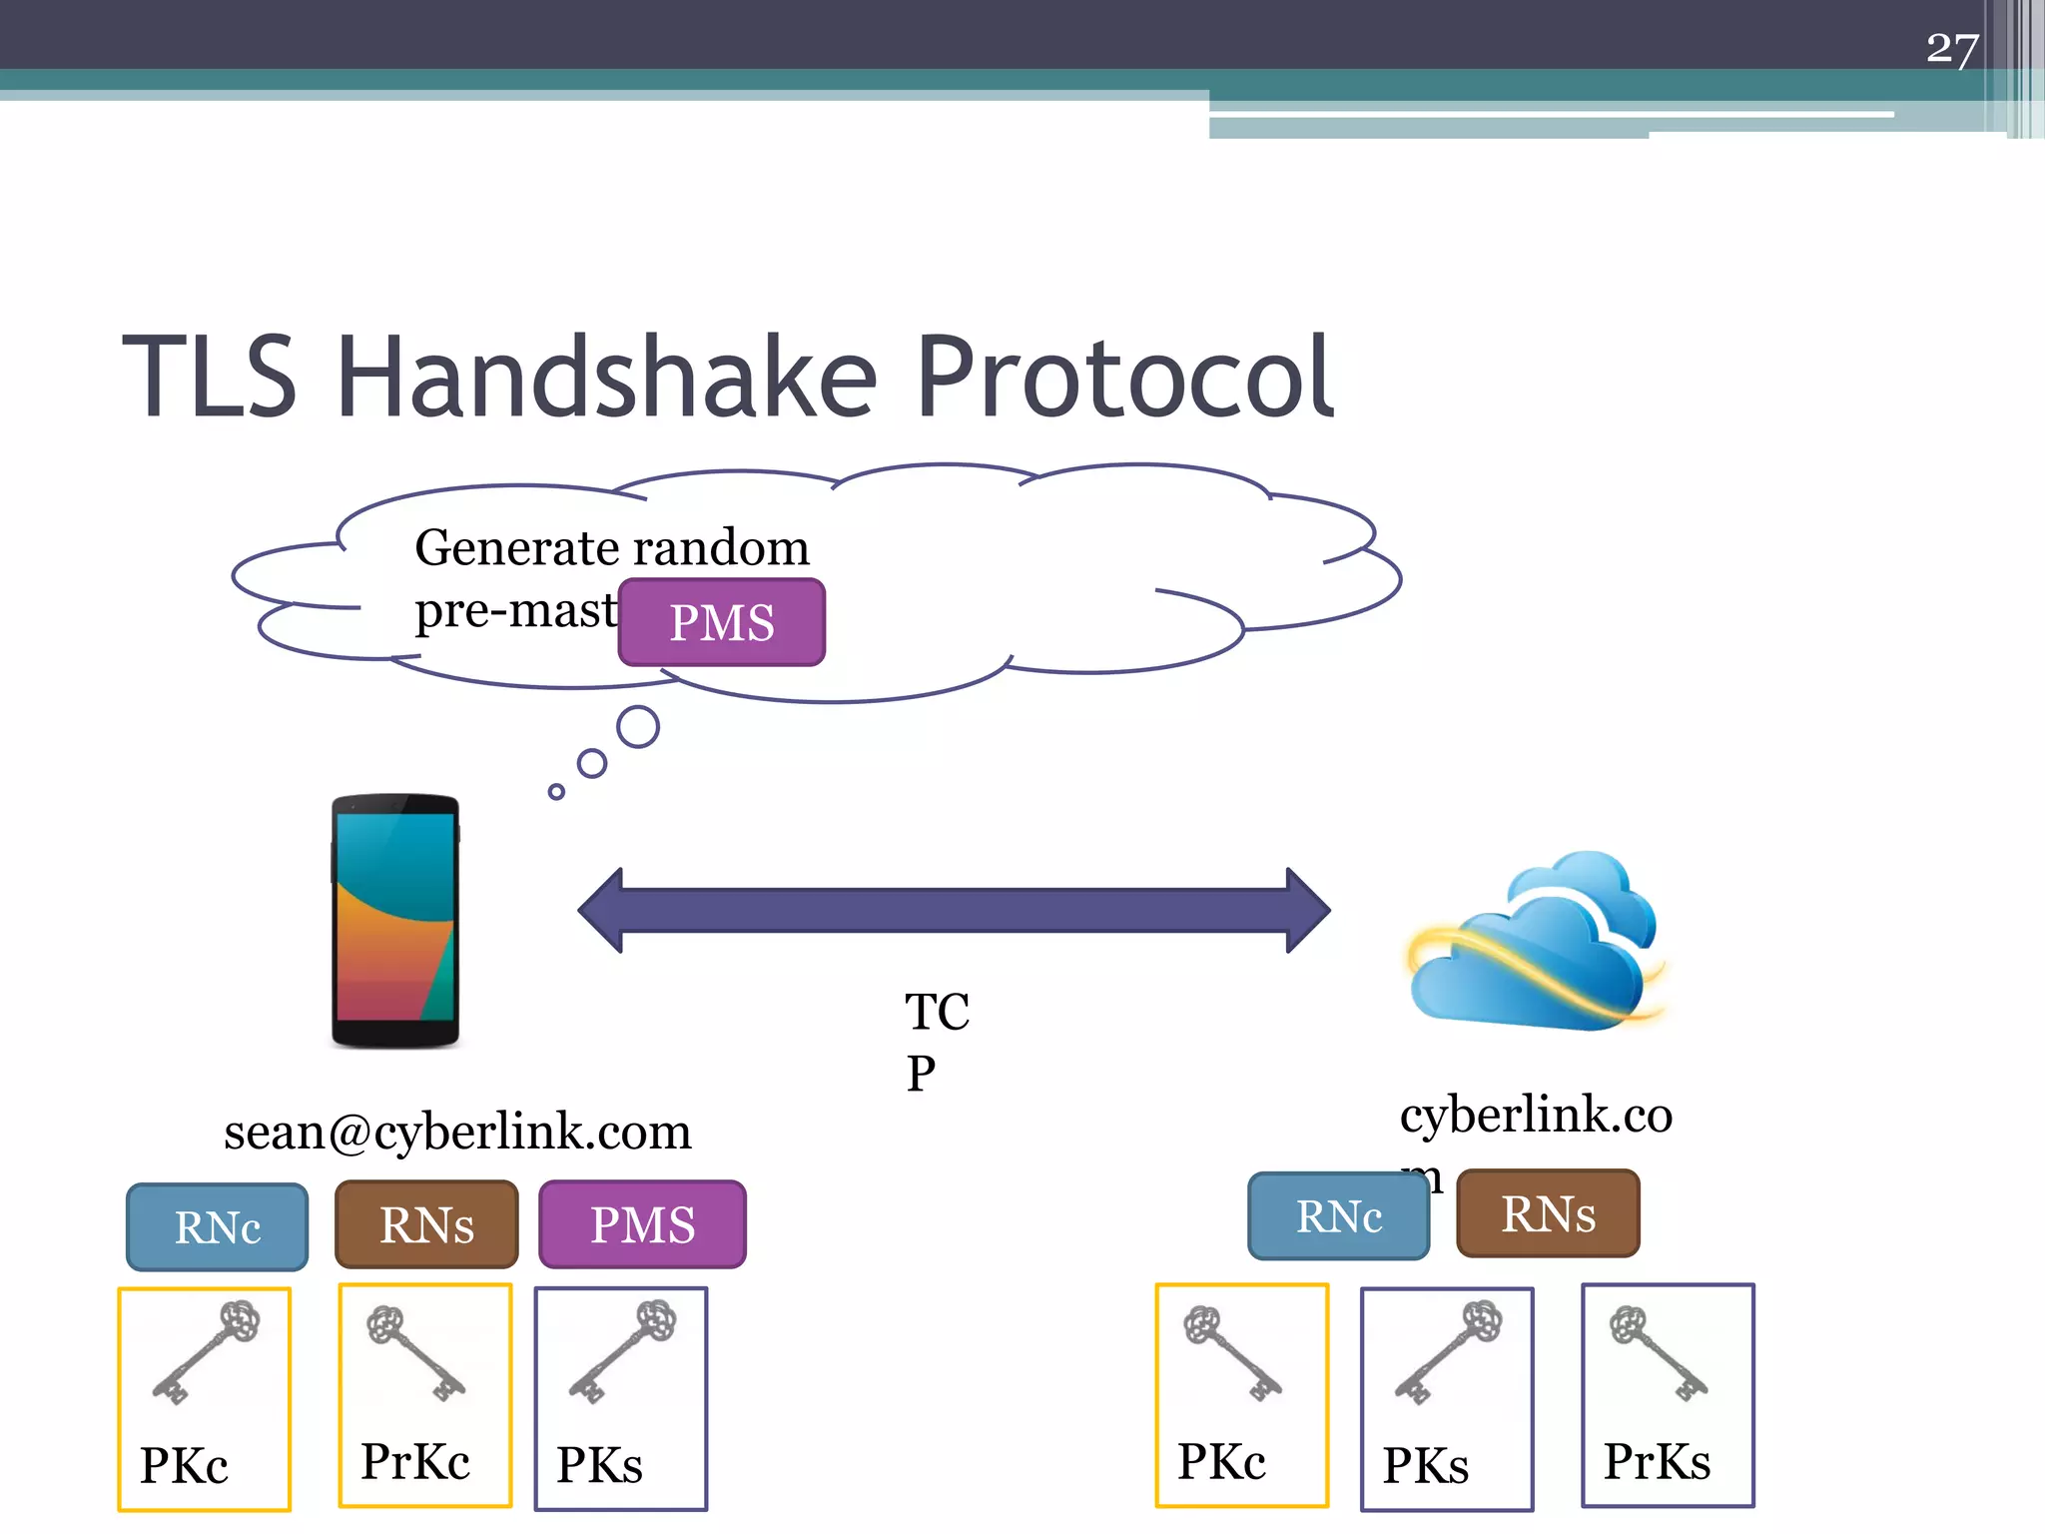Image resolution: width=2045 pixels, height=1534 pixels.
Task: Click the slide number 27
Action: click(1951, 48)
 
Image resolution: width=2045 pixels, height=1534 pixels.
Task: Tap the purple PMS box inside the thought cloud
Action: click(721, 622)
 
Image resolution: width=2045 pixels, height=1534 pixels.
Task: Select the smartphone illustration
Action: click(395, 920)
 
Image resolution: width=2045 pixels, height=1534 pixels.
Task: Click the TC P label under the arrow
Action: click(935, 1041)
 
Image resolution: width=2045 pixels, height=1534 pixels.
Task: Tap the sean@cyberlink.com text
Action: click(457, 1132)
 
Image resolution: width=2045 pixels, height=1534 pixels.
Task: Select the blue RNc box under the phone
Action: click(217, 1226)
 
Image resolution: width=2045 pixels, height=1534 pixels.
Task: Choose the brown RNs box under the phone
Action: click(426, 1224)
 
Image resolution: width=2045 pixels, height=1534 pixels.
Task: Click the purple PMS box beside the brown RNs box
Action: click(642, 1224)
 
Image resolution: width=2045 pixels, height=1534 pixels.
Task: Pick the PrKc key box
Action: click(425, 1395)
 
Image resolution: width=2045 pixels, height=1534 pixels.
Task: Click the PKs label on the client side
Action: click(599, 1465)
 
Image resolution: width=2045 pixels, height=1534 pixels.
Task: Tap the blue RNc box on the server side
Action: click(1338, 1216)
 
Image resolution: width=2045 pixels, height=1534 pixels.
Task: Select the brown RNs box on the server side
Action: click(1548, 1213)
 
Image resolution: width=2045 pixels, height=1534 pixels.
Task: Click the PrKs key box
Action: click(1668, 1395)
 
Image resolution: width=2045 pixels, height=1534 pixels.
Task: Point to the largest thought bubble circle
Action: click(637, 726)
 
